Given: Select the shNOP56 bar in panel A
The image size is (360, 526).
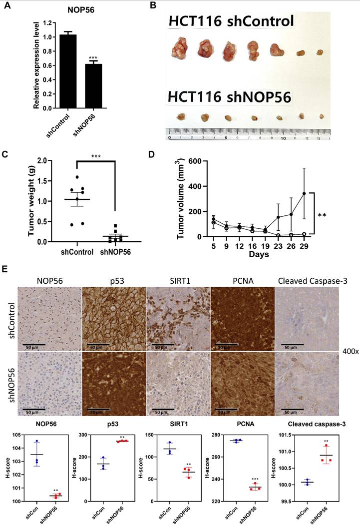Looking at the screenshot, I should (93, 85).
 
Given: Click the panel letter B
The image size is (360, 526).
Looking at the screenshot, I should (154, 5).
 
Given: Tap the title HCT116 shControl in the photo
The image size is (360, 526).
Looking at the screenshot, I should (231, 22).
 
